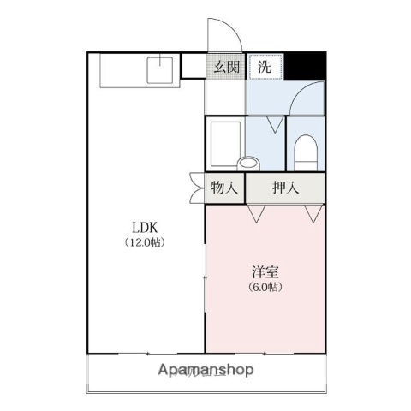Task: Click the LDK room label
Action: (x=145, y=228)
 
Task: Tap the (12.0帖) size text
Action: (x=145, y=242)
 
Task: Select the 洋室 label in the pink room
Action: (x=265, y=272)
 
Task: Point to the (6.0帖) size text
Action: (x=265, y=287)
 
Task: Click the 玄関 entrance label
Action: (x=226, y=66)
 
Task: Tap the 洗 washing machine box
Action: (x=265, y=66)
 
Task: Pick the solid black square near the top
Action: (x=306, y=65)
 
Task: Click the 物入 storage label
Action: (x=224, y=188)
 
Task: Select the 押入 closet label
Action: (x=285, y=188)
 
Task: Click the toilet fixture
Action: (x=306, y=154)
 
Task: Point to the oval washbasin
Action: (x=248, y=162)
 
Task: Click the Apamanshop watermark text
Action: (x=206, y=371)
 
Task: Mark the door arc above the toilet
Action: (x=307, y=100)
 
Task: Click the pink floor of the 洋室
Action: (x=265, y=317)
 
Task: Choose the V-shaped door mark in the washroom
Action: (x=276, y=125)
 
